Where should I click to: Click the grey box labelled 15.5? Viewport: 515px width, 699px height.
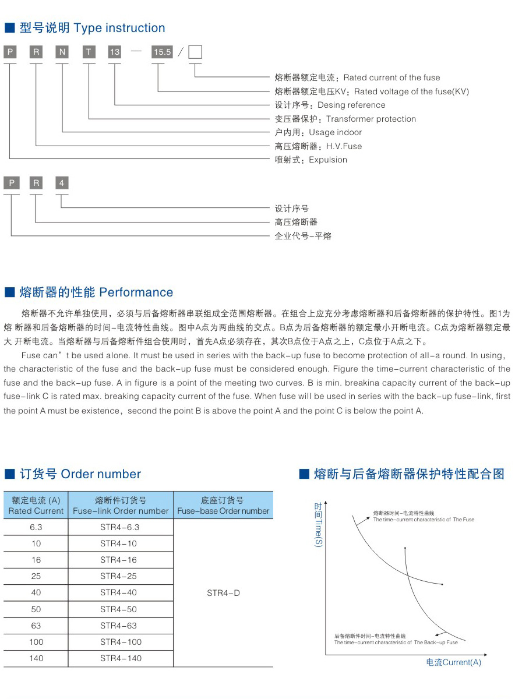pos(162,52)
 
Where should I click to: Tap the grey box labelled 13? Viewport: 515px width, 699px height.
pos(115,52)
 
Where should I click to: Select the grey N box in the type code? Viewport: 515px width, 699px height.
pos(62,52)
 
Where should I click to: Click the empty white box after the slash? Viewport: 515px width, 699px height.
pos(195,52)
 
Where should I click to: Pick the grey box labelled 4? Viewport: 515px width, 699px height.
pos(62,183)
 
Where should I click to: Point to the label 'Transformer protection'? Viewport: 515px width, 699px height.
pos(371,119)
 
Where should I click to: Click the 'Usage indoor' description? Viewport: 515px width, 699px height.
pos(335,132)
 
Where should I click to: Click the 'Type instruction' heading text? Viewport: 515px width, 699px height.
pos(119,28)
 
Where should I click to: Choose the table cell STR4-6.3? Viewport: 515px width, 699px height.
pos(120,527)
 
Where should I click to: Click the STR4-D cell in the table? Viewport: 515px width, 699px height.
pos(223,593)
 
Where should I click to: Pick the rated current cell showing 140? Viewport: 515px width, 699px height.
pos(36,658)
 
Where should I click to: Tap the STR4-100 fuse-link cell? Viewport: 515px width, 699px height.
pos(121,642)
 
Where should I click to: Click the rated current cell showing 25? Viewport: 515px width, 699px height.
pos(36,576)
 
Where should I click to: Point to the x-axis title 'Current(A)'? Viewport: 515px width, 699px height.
pos(462,662)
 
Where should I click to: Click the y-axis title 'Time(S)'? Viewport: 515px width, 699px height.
pos(318,533)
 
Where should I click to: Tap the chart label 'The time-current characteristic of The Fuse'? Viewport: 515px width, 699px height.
pos(424,520)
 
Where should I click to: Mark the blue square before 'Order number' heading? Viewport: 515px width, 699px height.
pos(9,474)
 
